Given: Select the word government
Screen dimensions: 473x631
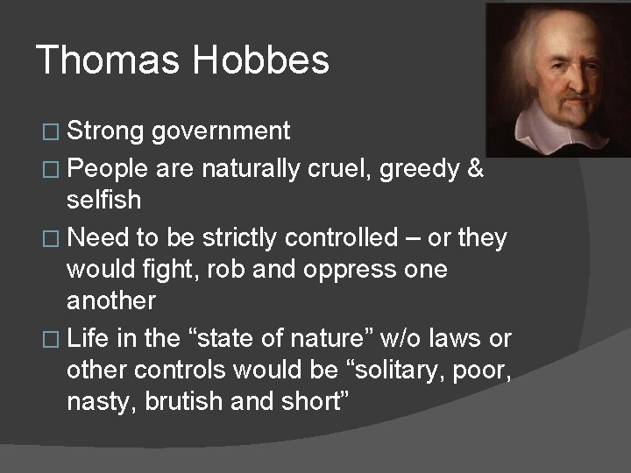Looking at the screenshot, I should (221, 131).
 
